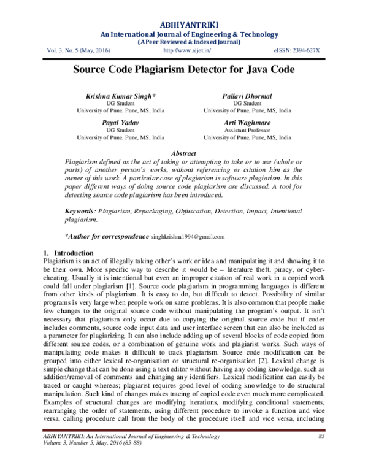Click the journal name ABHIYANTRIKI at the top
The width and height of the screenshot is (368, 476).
pyautogui.click(x=184, y=25)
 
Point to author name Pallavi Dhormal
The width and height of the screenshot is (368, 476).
pyautogui.click(x=247, y=97)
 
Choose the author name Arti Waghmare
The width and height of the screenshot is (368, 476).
pyautogui.click(x=247, y=123)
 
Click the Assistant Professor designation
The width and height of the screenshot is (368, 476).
pyautogui.click(x=247, y=131)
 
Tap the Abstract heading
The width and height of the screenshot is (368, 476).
pyautogui.click(x=183, y=153)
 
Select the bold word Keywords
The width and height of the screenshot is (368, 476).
pyautogui.click(x=80, y=210)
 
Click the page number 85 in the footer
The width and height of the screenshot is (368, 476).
pyautogui.click(x=321, y=453)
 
